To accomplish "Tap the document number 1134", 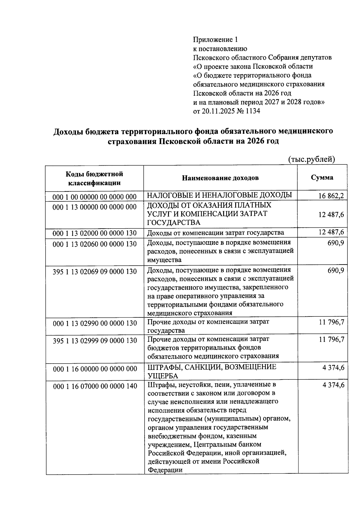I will point(253,111).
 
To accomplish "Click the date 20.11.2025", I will point(219,111).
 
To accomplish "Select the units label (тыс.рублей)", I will point(311,159).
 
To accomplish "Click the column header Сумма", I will point(322,177).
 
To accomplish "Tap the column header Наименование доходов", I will point(220,178).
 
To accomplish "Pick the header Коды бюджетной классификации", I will point(94,178).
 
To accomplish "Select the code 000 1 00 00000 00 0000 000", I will point(94,197).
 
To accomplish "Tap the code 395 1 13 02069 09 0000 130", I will point(94,271).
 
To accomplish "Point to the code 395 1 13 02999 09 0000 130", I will point(94,341).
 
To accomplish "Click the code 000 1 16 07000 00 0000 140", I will point(95,386).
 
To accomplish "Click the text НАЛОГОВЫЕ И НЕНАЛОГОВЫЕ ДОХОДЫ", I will point(219,196).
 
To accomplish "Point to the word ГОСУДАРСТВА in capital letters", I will point(173,223).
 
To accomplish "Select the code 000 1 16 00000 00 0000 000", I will point(95,369).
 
